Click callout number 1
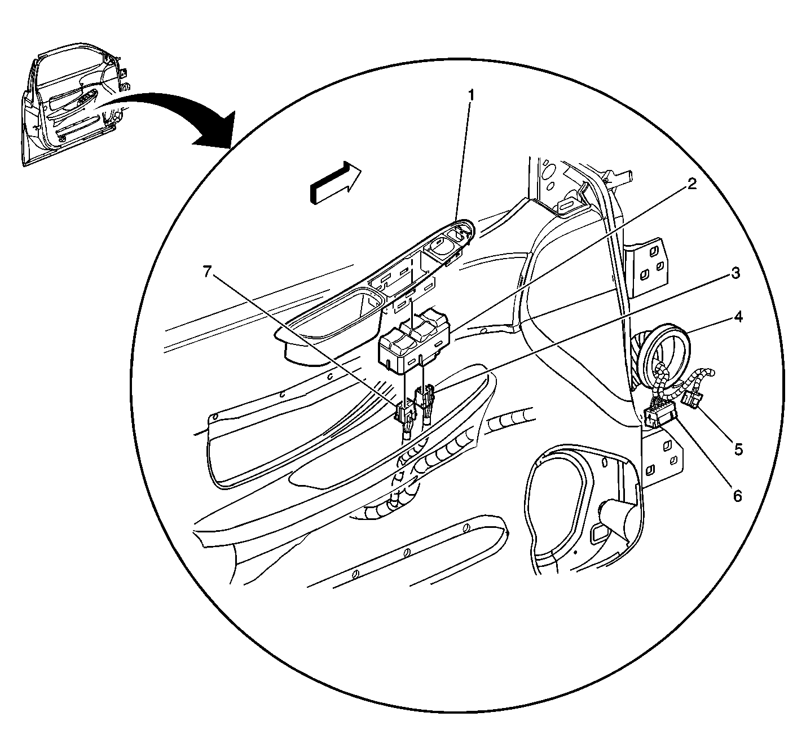coord(471,96)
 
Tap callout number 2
coord(692,183)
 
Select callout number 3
coord(735,273)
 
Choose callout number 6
coord(737,496)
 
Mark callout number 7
coord(208,272)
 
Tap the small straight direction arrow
coord(335,182)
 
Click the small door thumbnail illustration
coord(75,104)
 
